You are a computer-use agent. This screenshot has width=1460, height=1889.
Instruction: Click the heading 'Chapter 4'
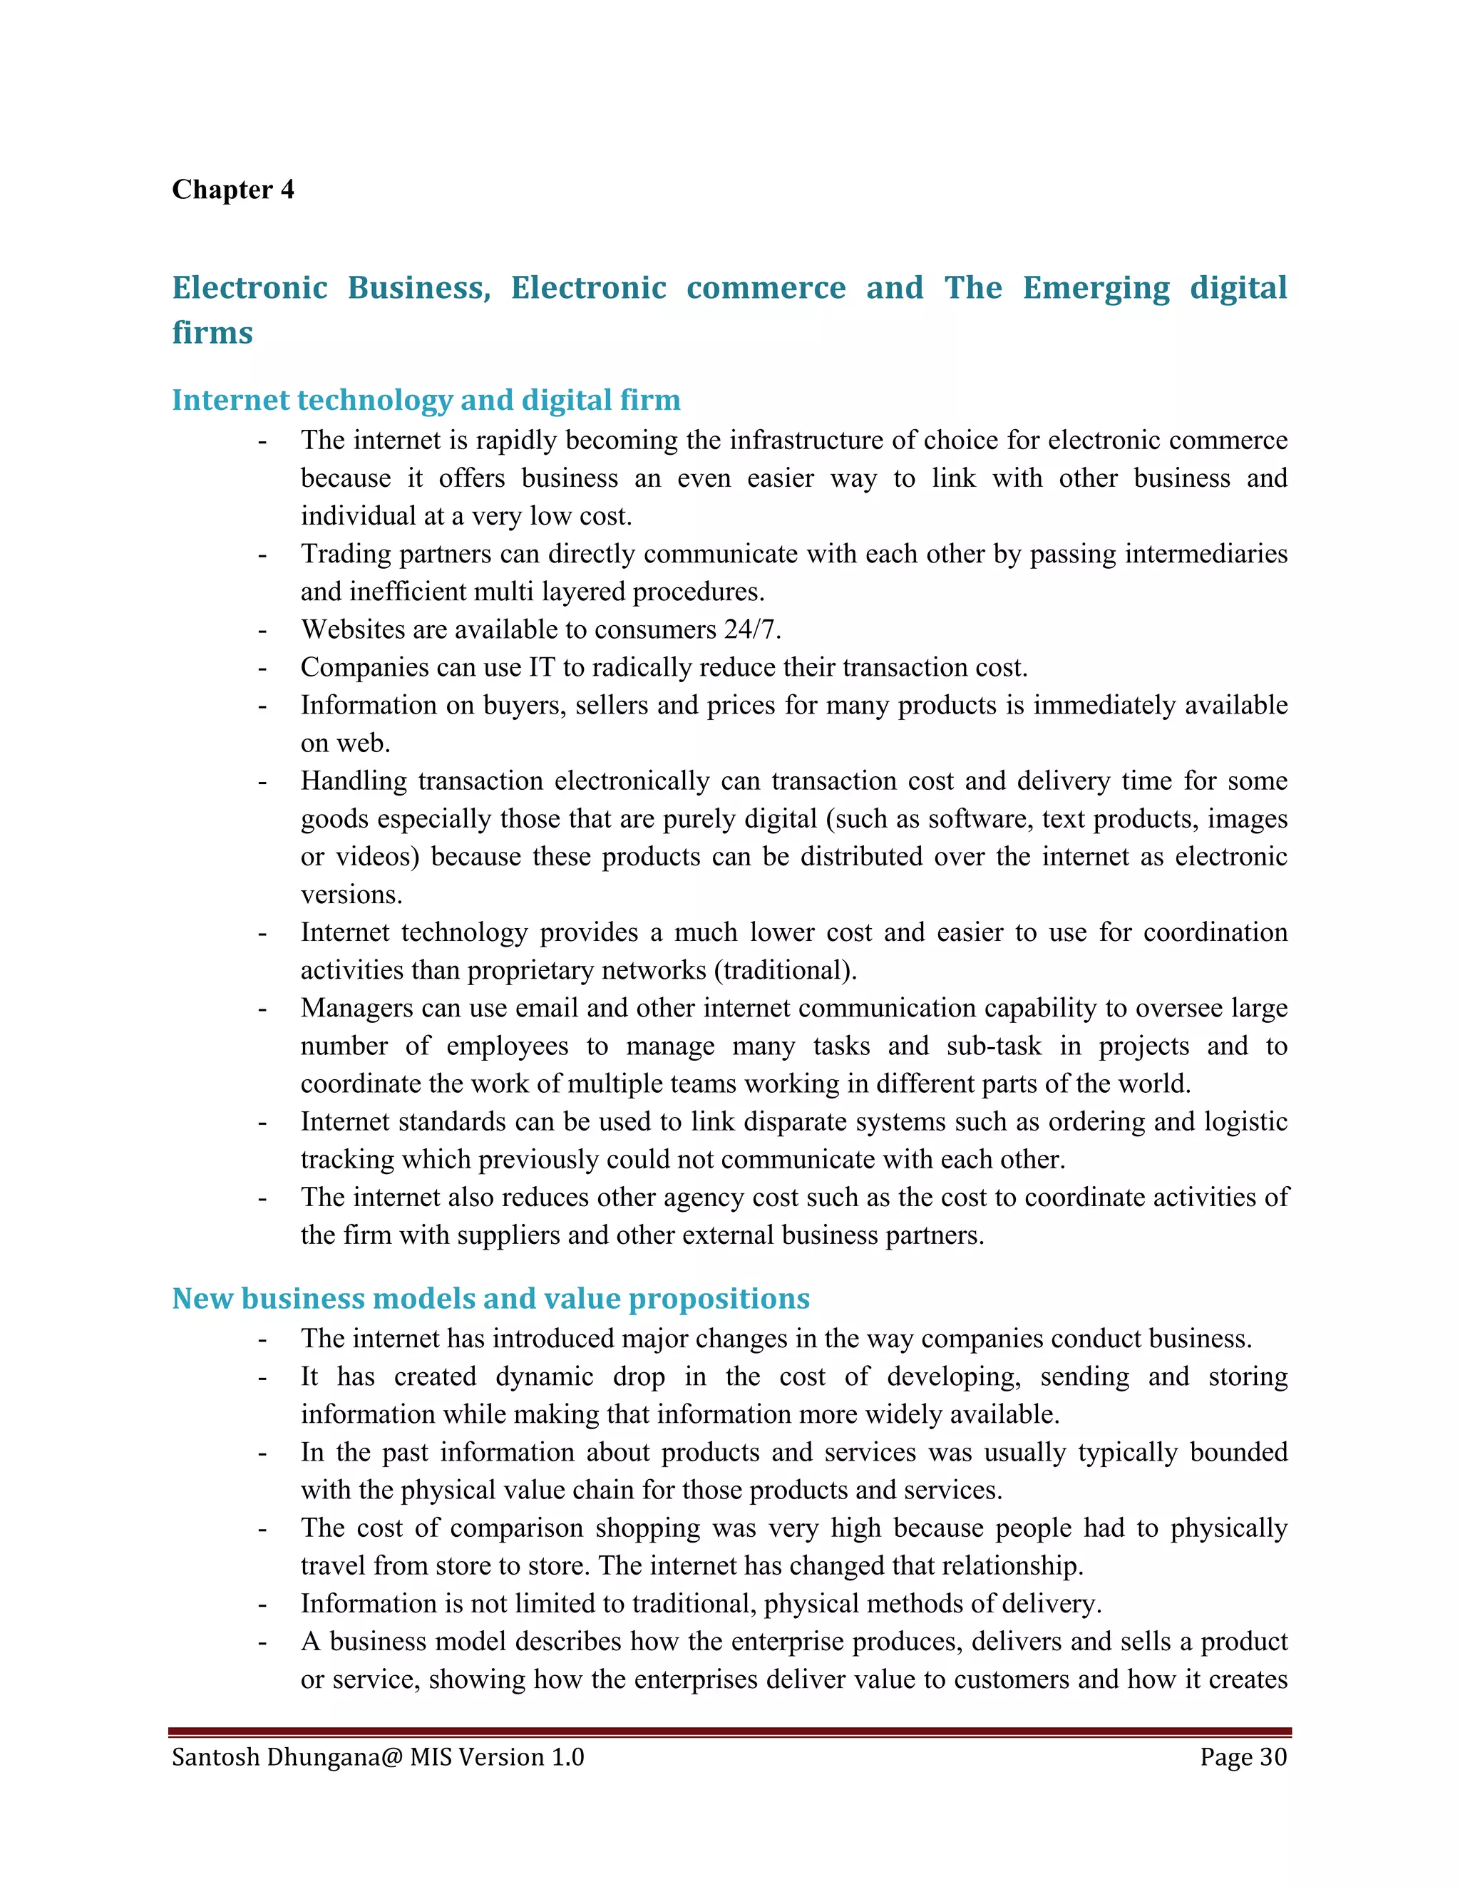tap(232, 190)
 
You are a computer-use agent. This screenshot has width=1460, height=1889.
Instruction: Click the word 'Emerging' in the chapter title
tap(1096, 288)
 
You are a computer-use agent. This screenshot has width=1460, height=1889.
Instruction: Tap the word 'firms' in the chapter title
tap(212, 333)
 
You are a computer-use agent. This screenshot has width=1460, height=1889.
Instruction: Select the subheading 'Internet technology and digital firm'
tap(426, 400)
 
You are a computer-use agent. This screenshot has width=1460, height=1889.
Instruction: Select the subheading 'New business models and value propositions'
tap(490, 1298)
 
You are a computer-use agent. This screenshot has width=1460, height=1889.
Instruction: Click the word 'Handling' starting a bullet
tap(353, 781)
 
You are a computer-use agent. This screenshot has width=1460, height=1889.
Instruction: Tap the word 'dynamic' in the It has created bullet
tap(544, 1376)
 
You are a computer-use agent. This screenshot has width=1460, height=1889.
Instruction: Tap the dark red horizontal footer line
tap(729, 1732)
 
